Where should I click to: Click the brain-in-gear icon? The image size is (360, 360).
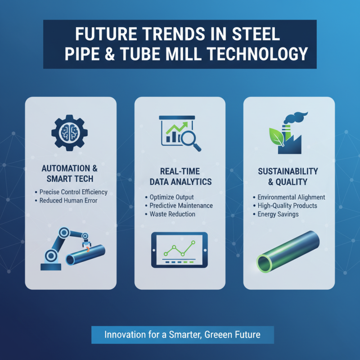(x=70, y=130)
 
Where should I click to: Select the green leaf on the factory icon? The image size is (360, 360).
(x=275, y=135)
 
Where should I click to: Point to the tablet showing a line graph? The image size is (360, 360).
(x=180, y=250)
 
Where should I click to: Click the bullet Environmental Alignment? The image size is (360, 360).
(x=291, y=197)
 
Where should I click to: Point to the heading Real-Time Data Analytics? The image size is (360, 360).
(x=180, y=176)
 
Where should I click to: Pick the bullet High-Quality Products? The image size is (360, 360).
(x=287, y=206)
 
